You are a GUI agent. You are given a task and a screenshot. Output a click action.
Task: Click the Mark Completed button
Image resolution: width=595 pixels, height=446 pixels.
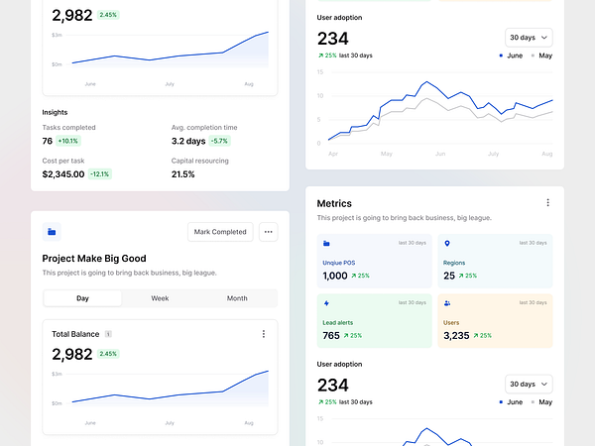point(220,232)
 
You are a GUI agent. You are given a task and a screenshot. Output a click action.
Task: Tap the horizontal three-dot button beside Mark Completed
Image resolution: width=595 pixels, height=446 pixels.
point(268,232)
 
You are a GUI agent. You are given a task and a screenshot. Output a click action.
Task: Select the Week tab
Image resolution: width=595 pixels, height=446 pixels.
point(160,298)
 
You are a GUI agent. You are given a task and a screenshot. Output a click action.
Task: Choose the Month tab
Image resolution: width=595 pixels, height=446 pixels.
point(237,298)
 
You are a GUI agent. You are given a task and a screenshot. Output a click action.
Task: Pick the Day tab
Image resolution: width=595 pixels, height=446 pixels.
point(82,298)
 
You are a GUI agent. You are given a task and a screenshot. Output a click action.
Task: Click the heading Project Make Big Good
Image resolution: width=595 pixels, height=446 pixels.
point(94,259)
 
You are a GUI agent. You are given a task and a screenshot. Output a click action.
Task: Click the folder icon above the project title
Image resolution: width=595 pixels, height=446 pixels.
point(52,232)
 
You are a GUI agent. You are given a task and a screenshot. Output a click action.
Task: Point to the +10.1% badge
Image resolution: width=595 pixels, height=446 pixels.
point(68,141)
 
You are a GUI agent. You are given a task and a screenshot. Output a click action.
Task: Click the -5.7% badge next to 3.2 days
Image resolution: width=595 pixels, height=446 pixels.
point(219,141)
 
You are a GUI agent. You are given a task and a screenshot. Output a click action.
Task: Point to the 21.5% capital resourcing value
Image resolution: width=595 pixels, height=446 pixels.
point(183,173)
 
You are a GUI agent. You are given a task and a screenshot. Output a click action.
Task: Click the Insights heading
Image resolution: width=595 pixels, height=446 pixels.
point(56,112)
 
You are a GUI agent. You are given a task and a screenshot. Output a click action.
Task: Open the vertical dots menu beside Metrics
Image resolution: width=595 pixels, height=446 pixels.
point(547,203)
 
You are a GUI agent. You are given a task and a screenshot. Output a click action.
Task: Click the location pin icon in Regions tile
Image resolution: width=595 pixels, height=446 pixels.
point(446,243)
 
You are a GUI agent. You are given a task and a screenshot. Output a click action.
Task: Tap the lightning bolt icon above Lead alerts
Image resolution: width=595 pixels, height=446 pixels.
point(327,303)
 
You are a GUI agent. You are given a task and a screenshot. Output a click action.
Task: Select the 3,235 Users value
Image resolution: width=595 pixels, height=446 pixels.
point(456,336)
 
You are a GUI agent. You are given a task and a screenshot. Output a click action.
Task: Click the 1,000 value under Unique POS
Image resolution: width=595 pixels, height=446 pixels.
point(335,276)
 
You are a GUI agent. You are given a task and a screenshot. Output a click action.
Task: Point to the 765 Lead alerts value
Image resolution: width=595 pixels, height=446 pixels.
point(331,336)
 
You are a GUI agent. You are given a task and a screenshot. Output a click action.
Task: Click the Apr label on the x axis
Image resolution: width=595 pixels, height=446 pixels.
point(332,154)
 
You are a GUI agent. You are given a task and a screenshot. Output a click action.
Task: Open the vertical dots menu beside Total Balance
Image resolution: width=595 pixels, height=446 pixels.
point(263,334)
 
